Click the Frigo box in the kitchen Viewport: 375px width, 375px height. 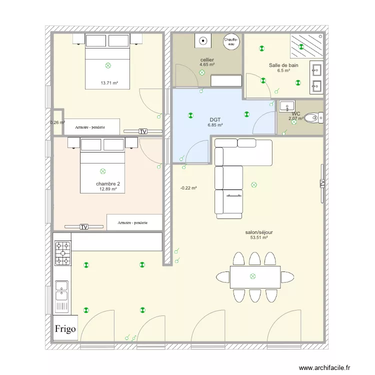(x=65, y=328)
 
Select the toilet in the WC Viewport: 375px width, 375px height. (x=315, y=118)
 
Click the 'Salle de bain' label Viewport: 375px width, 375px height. (x=283, y=65)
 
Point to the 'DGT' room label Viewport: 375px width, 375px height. (x=215, y=120)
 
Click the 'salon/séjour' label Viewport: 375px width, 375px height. (x=258, y=232)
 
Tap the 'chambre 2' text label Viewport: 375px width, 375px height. (x=107, y=184)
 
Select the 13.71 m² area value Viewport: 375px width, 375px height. (x=109, y=83)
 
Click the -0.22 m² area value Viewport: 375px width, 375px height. (x=188, y=188)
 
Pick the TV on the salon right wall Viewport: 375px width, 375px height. (x=322, y=183)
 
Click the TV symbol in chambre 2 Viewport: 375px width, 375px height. (x=84, y=227)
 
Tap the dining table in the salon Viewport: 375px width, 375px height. (x=255, y=276)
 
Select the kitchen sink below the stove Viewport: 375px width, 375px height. (x=62, y=290)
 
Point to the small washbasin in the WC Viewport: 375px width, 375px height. (x=287, y=105)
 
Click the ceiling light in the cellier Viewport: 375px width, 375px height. (x=202, y=72)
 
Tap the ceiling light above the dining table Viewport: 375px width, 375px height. (x=252, y=276)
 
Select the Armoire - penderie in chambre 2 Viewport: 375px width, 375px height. (x=134, y=222)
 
